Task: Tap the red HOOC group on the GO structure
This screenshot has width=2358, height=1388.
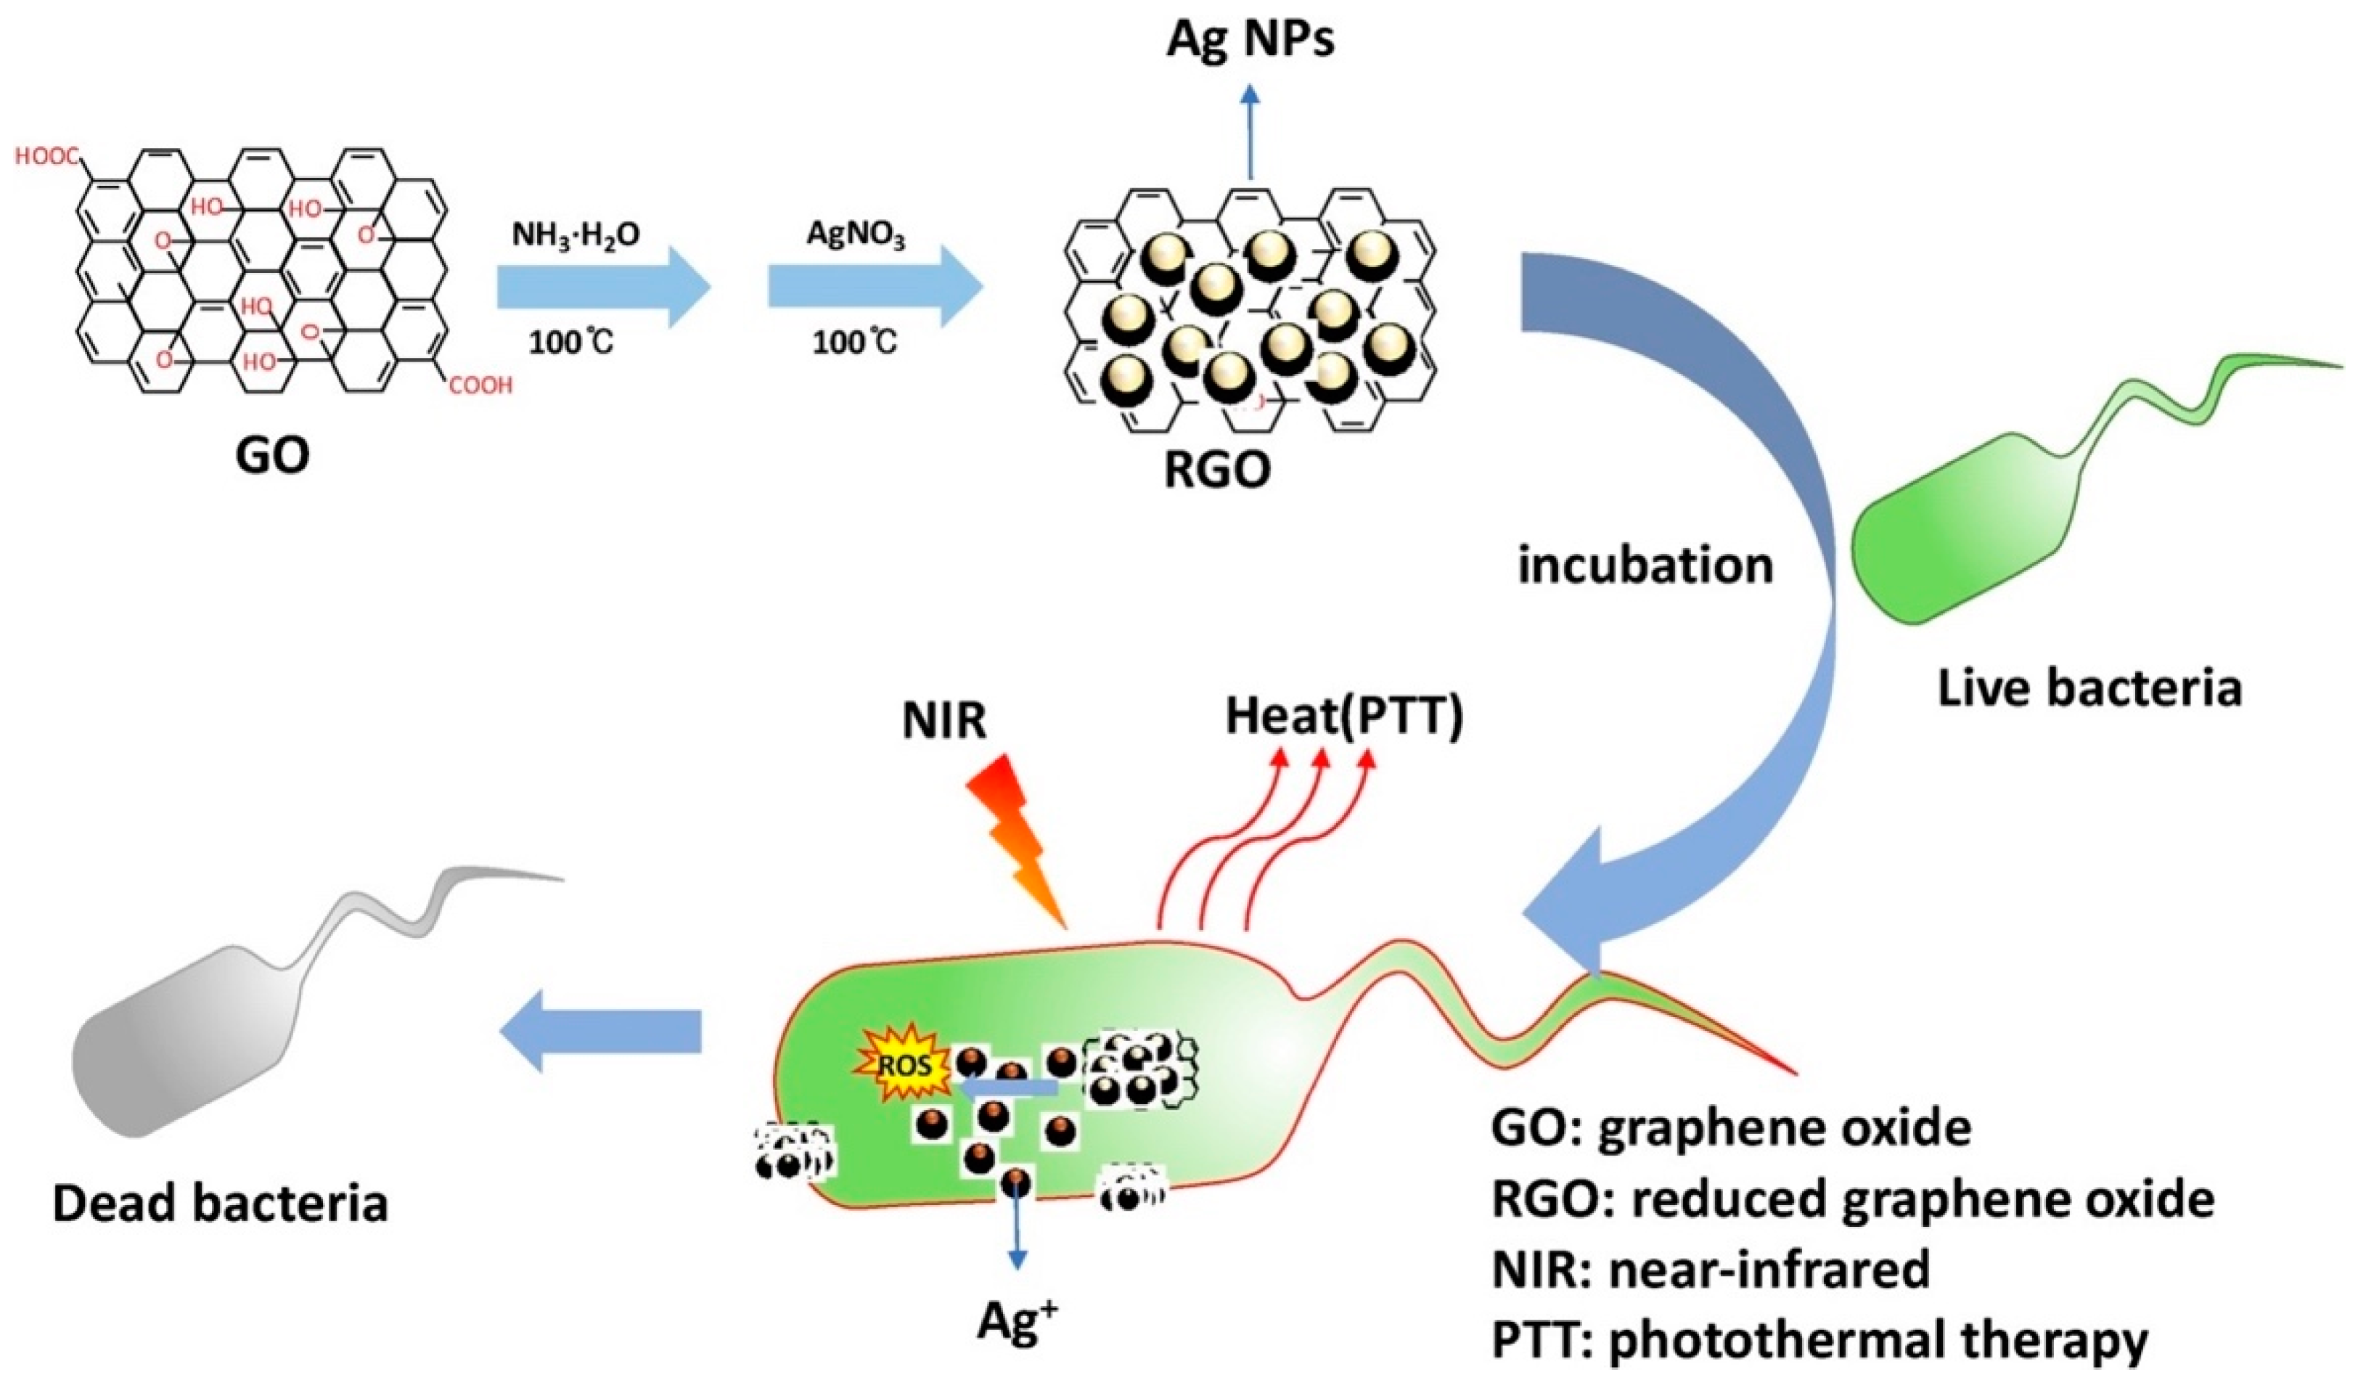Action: click(46, 158)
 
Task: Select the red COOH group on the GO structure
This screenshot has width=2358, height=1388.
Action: click(480, 385)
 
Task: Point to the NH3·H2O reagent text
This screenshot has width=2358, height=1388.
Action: click(576, 234)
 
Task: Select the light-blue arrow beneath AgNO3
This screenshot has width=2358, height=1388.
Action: click(875, 287)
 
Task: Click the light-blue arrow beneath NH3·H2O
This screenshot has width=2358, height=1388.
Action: click(604, 287)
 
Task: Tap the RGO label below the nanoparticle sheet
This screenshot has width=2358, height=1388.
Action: click(1216, 469)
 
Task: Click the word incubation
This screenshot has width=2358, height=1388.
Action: click(1645, 566)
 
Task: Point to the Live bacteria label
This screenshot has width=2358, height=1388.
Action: click(2089, 689)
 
